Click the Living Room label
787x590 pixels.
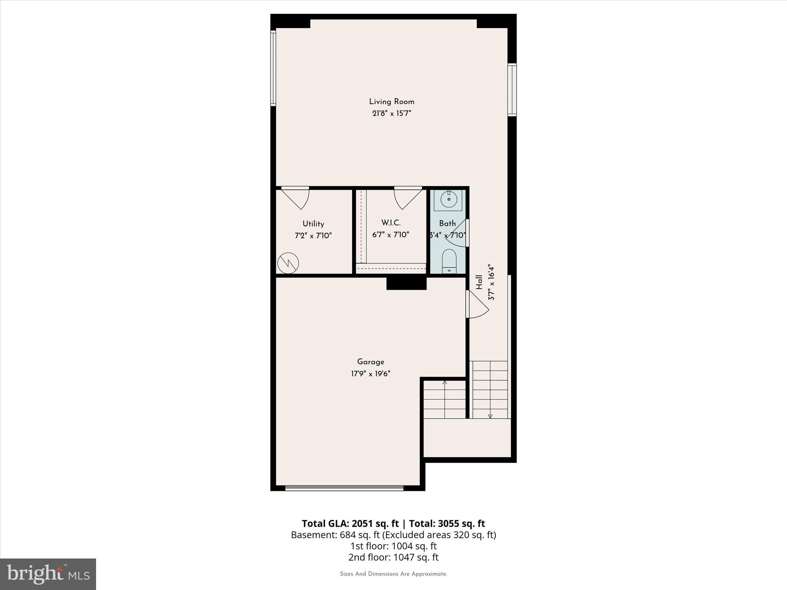click(392, 102)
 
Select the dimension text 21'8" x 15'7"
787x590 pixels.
click(392, 114)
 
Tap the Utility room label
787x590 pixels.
click(313, 224)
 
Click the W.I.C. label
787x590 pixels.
click(391, 223)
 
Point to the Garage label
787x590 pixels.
click(370, 362)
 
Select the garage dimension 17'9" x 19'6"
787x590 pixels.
click(370, 374)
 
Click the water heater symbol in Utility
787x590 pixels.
click(288, 263)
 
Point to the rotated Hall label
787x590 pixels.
click(479, 282)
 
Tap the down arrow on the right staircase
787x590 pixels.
click(490, 416)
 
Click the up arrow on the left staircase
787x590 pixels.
click(445, 383)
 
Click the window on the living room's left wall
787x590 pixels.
click(273, 68)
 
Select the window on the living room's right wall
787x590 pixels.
click(512, 89)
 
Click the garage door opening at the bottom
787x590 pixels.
click(344, 488)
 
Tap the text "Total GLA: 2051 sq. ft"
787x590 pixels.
click(350, 524)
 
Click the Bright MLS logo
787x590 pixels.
click(48, 574)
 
